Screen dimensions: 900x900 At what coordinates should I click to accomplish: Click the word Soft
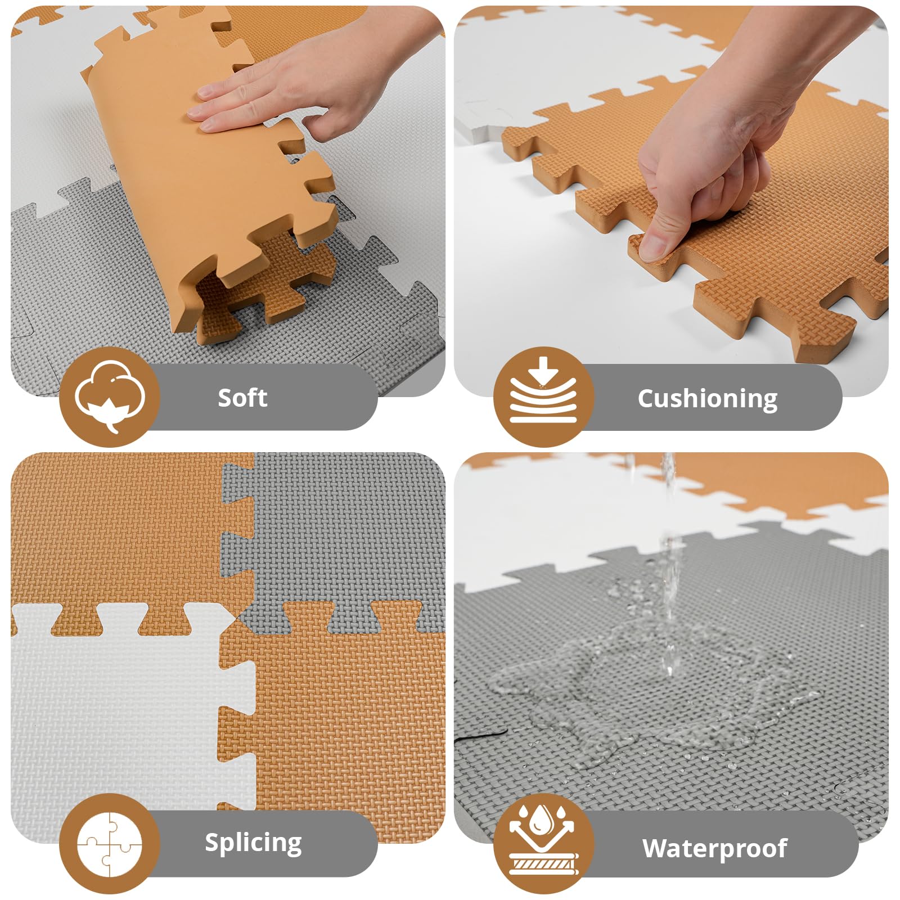(242, 398)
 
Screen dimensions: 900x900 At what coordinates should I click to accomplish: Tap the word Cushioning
(707, 399)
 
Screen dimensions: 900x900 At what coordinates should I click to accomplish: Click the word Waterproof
(714, 848)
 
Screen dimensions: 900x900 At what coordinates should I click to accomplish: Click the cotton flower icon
(110, 397)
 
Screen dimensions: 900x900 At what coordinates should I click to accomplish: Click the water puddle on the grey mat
(647, 692)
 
